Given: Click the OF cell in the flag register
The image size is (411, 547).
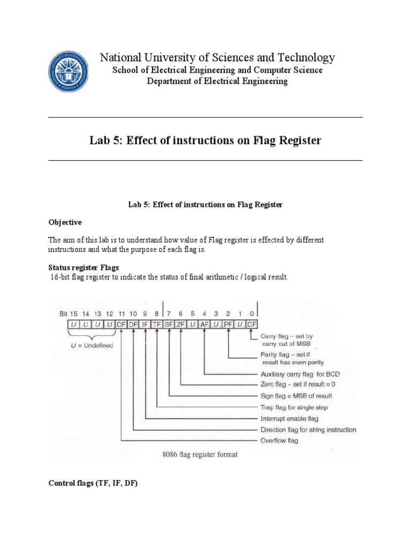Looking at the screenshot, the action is pos(121,324).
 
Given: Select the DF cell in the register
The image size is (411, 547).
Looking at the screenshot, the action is pos(133,324).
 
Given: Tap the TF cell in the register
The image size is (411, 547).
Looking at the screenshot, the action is pos(157,324).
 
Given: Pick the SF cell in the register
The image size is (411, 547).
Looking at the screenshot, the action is pos(169,324).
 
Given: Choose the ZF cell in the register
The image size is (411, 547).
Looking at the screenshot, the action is pos(181,324).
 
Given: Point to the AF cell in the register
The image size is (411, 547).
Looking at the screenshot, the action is pos(204,324).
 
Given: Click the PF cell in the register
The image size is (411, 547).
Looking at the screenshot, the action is pos(228,324).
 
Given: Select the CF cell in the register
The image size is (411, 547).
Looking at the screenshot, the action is pos(252,324).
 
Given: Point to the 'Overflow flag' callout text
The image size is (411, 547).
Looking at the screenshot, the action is pos(279,441).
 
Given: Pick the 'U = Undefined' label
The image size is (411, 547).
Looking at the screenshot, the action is pos(93,345).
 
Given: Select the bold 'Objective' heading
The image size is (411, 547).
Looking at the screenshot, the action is pos(65,222).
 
